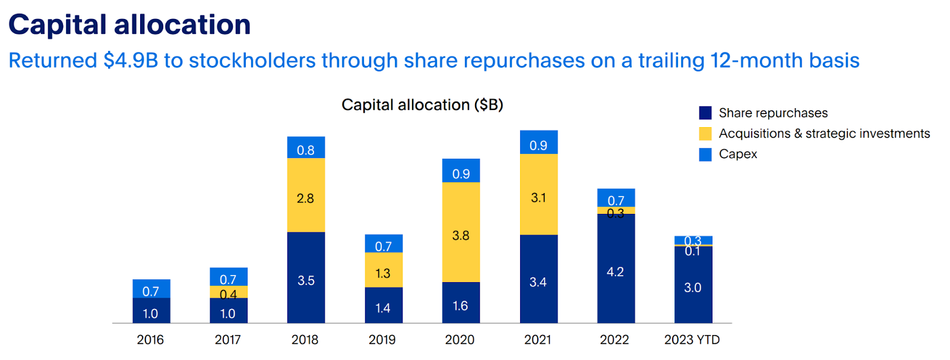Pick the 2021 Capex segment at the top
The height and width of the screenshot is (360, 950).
pos(539,143)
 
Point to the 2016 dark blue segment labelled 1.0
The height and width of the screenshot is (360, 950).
pos(151,311)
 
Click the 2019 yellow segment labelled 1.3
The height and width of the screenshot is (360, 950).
pos(384,270)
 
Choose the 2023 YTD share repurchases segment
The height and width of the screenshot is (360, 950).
pos(693,285)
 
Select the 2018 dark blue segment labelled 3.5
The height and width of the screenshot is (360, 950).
pos(306,277)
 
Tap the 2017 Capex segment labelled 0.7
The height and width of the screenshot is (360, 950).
pos(229,277)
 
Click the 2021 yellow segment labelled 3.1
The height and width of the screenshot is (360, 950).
pos(539,194)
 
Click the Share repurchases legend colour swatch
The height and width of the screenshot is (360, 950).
pos(705,113)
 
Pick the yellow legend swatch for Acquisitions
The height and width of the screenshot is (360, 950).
pos(705,134)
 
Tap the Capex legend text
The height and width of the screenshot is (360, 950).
pos(738,154)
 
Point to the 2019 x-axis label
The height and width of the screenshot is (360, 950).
pos(382,340)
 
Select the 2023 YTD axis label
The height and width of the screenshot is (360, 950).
pos(692,340)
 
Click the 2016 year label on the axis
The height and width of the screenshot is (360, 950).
pos(150,340)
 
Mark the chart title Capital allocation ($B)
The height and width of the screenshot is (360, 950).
pos(422,105)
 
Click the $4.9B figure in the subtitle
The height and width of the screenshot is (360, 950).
pos(131,61)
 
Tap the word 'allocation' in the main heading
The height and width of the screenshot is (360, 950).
pos(182,25)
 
